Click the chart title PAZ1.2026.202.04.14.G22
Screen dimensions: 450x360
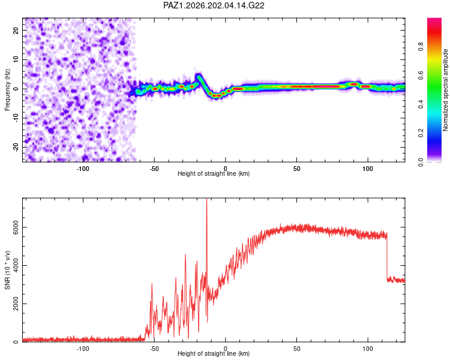214,5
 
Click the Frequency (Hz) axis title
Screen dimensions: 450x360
7,90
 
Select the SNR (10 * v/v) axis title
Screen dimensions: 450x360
7,270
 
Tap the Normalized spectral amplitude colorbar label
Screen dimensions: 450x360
445,90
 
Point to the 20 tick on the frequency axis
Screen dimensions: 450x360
16,30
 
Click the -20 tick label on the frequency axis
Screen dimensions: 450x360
16,147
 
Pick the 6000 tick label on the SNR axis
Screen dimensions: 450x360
16,227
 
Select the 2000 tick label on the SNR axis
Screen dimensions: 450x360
16,304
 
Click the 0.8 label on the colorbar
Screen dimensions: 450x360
421,46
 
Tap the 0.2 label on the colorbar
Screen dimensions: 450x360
421,133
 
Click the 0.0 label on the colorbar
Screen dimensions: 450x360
421,162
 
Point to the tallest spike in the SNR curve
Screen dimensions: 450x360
206,199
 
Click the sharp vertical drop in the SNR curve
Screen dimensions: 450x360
387,257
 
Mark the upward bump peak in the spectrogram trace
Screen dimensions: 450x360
198,76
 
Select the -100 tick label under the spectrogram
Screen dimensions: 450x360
83,169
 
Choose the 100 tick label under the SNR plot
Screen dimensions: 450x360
368,349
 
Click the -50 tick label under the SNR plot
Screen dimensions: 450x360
154,349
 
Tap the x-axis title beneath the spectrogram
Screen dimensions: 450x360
214,173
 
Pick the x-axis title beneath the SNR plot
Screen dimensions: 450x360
214,353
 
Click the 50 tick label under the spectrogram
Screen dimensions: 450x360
297,169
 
